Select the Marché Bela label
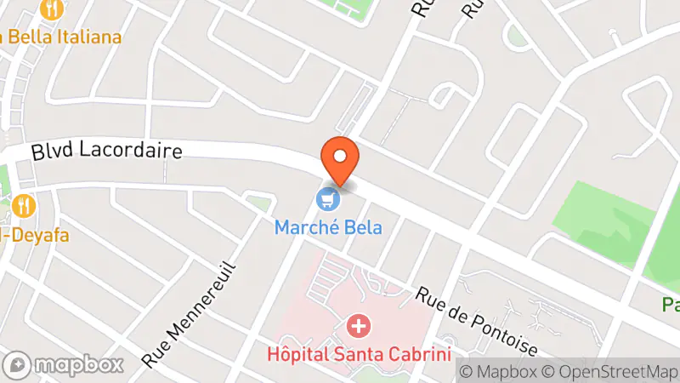tap(328, 227)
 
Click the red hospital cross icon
tap(360, 326)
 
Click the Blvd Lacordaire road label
tap(107, 151)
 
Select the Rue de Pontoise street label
tap(477, 322)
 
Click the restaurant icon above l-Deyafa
tap(23, 206)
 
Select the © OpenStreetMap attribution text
tap(611, 371)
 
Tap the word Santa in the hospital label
tap(371, 352)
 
